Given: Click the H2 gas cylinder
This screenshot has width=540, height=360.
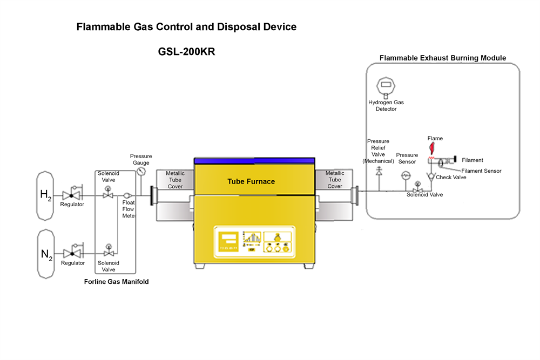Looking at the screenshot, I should tap(45, 195).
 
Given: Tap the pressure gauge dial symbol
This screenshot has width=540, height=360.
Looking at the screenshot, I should tap(141, 171).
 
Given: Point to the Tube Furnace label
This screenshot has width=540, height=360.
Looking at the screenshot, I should tap(251, 181).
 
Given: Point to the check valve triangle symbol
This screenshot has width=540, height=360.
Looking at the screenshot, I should tap(431, 176).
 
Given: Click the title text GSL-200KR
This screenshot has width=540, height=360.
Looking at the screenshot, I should tap(187, 52).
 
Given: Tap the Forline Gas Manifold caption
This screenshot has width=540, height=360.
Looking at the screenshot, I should tap(116, 282).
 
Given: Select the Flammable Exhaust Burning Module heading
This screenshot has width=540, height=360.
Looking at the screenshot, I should tap(442, 58).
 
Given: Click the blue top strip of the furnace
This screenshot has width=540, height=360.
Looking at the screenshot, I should tap(254, 161).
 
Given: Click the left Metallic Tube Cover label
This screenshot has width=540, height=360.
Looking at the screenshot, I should tap(175, 180).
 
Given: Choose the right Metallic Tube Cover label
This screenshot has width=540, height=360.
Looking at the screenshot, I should tap(335, 180).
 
